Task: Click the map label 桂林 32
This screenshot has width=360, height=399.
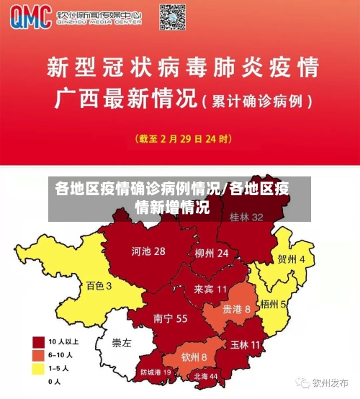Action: click(x=246, y=217)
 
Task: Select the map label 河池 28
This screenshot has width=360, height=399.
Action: click(x=148, y=251)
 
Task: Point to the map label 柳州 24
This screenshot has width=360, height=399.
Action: click(x=212, y=254)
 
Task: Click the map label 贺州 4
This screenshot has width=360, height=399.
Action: click(x=291, y=259)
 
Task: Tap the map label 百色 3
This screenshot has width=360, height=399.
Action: click(x=99, y=286)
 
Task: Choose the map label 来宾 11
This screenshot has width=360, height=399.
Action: click(x=210, y=289)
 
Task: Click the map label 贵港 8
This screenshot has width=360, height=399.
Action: click(x=236, y=308)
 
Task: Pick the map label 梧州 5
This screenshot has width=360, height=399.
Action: click(x=274, y=304)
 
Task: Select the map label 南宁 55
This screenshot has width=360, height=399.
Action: click(x=171, y=318)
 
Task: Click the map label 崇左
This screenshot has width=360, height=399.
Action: click(x=122, y=343)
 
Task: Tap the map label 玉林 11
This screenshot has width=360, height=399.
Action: click(x=245, y=345)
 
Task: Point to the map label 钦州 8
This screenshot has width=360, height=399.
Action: click(x=194, y=357)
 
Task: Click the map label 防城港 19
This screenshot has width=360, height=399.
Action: click(x=156, y=372)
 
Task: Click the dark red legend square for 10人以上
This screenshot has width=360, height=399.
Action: click(x=37, y=341)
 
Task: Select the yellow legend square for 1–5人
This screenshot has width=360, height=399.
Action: click(x=37, y=368)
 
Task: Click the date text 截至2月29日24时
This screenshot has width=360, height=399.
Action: click(x=184, y=138)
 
